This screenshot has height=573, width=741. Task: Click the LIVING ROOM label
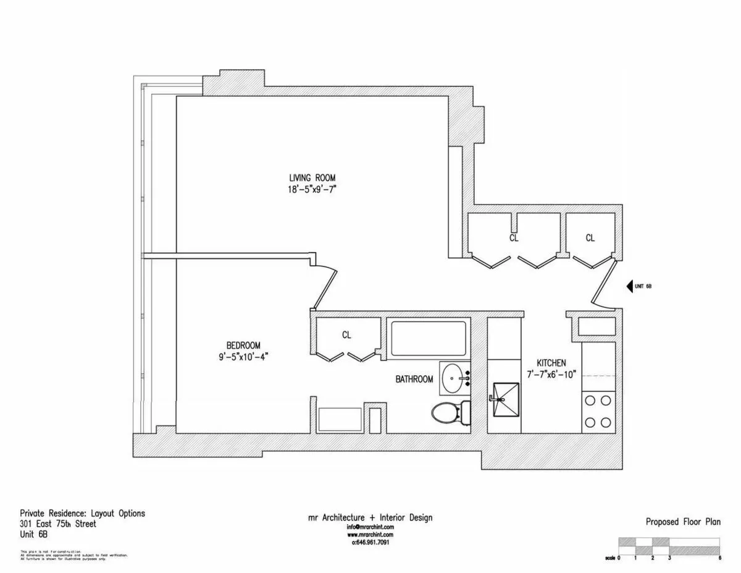click(x=312, y=178)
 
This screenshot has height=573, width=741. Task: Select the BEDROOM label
click(x=243, y=345)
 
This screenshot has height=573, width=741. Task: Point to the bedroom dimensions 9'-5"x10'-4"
click(x=243, y=357)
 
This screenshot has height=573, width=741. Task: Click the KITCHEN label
click(x=551, y=363)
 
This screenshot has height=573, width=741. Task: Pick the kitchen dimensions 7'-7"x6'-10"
click(x=551, y=375)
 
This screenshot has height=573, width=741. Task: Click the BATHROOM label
click(x=414, y=380)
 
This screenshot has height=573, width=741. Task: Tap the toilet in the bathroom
click(x=449, y=412)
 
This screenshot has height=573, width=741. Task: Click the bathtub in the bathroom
click(x=428, y=338)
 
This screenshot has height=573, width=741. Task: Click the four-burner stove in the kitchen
click(x=598, y=412)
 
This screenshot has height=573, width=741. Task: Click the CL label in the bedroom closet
click(x=346, y=335)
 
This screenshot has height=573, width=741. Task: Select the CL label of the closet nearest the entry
click(x=590, y=238)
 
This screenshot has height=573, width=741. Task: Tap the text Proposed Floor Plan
click(x=683, y=522)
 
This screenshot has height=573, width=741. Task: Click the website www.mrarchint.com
click(x=371, y=535)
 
